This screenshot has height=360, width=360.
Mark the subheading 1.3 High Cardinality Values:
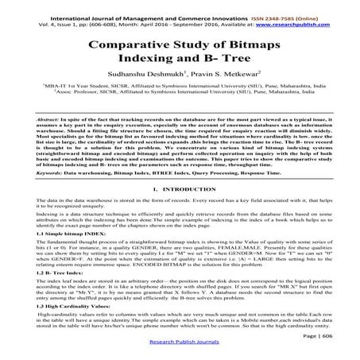[x=52, y=328]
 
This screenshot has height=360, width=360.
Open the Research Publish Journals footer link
[x=180, y=354]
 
